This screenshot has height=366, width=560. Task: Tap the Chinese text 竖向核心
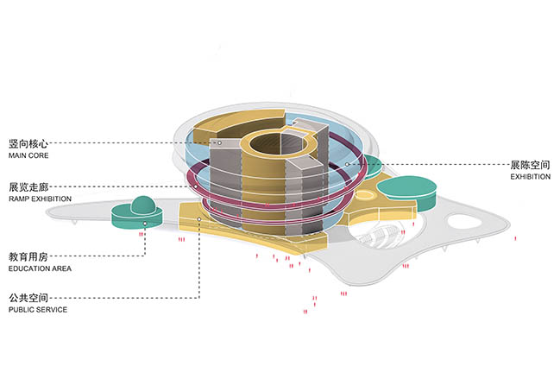(x=29, y=143)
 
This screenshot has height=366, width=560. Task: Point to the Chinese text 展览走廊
(x=29, y=186)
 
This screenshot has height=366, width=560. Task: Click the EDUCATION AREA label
(x=40, y=269)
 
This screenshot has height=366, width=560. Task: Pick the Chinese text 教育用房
(x=29, y=256)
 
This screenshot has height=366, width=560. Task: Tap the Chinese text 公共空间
(x=29, y=297)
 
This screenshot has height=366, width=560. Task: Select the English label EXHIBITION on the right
(x=530, y=177)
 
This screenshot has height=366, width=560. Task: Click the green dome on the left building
(x=144, y=205)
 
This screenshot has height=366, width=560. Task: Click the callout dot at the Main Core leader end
(x=219, y=142)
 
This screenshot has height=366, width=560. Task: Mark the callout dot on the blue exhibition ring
(x=348, y=164)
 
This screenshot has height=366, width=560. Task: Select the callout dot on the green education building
(x=144, y=224)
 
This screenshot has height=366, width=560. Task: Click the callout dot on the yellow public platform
(x=199, y=219)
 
